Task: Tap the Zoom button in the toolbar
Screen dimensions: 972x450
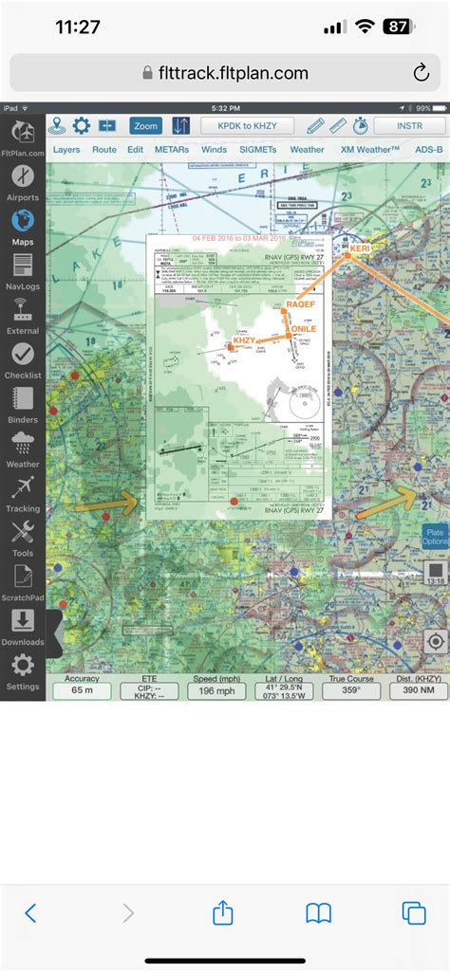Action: coord(146,126)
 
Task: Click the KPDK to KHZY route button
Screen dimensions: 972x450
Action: coord(248,126)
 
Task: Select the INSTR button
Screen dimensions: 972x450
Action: coord(410,126)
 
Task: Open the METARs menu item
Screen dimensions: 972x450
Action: coord(171,150)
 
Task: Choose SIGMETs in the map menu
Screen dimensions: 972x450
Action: coord(257,150)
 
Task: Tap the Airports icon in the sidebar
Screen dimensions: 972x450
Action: coord(23,179)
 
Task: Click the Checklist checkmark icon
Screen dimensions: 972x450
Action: coord(23,356)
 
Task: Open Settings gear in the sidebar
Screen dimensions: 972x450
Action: coord(23,666)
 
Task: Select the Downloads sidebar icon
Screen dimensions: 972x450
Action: coord(23,621)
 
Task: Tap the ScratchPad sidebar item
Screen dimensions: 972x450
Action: coord(23,577)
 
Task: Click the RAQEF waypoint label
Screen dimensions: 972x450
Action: coord(299,305)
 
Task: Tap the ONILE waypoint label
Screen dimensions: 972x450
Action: coord(301,329)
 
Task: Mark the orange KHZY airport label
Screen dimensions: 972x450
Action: coord(245,339)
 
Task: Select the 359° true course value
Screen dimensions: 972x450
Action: coord(351,692)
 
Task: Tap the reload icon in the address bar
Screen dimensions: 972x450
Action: coord(421,73)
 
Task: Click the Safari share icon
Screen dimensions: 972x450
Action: coord(223,912)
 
